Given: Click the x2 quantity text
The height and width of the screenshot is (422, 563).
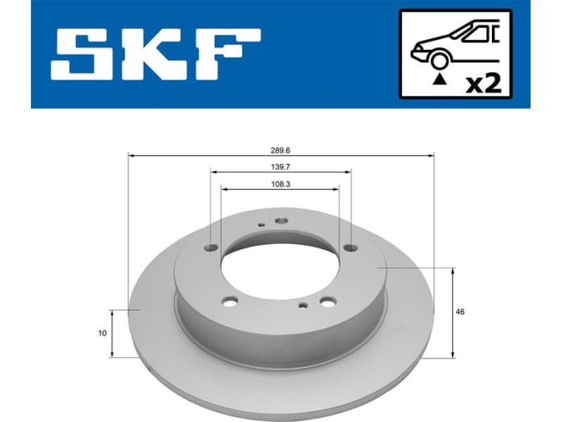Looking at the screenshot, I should tap(484, 84).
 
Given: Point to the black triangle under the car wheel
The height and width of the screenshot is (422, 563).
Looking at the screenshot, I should tap(441, 80).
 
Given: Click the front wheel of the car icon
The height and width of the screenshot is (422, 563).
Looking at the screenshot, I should tap(441, 61).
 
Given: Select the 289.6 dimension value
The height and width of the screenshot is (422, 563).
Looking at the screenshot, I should tap(281, 151).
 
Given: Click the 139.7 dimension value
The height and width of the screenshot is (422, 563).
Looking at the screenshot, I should tap(280, 167).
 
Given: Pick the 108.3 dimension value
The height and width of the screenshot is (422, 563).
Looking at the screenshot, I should tap(279, 184).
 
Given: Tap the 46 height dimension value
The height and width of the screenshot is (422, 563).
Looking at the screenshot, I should tap(460, 311).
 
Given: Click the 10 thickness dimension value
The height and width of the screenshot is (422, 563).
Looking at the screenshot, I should tap(103, 333).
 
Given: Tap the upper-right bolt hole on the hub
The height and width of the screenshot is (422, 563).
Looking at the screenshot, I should tap(350, 247).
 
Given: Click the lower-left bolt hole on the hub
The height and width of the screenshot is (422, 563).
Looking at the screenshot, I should tap(231, 302).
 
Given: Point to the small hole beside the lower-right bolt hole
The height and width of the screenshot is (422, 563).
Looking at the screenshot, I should tap(303, 305).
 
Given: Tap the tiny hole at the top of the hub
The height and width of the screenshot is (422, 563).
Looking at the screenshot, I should tap(261, 225).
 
